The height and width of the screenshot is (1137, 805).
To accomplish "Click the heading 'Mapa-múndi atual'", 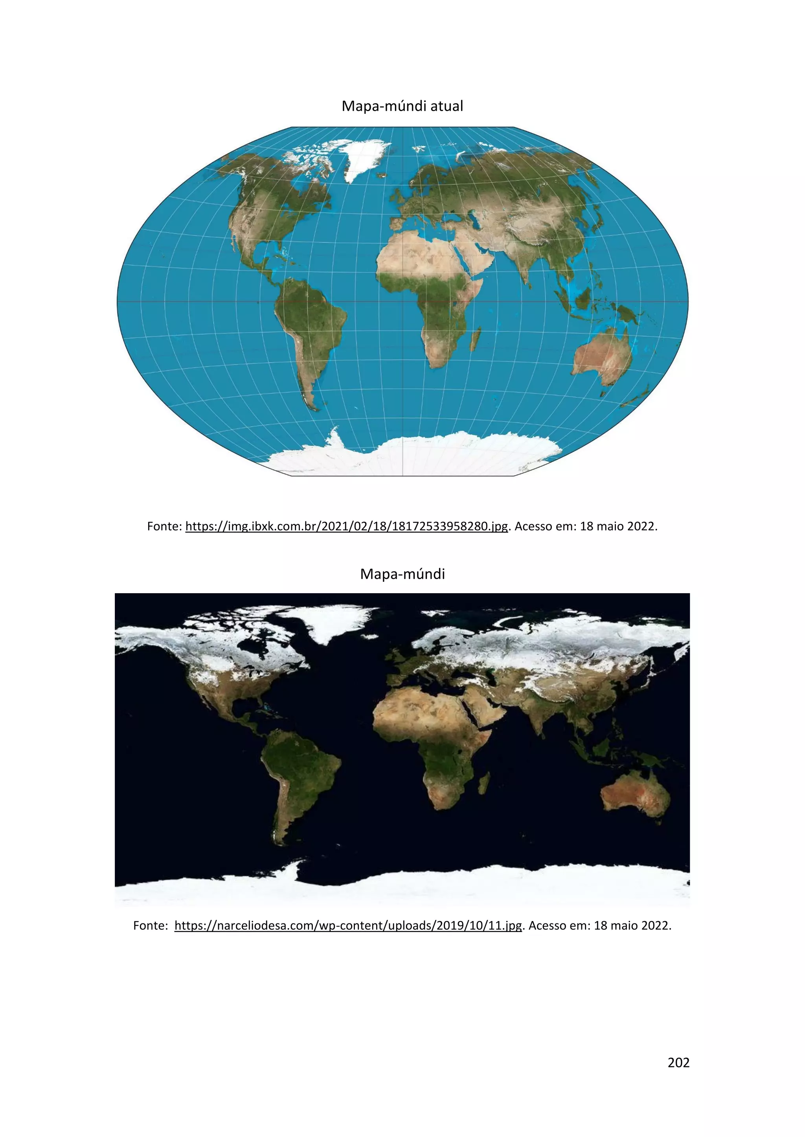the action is coord(402,106).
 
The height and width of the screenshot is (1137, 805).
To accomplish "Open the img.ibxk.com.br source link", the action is coord(346,526).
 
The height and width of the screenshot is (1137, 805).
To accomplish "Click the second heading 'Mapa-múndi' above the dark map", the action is coord(402,574).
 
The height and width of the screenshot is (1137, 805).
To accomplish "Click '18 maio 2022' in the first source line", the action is coord(618,526).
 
